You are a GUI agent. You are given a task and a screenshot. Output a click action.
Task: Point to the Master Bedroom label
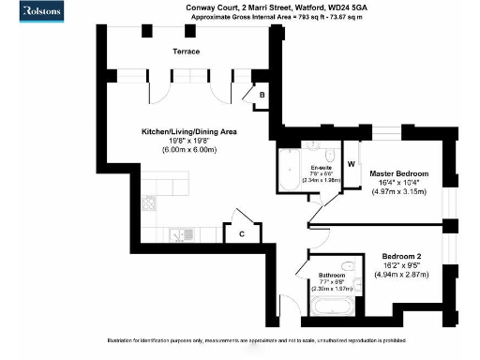(398, 174)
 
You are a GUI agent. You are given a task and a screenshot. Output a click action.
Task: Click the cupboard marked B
(262, 96)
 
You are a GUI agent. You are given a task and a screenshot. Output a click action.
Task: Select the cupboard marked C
(241, 233)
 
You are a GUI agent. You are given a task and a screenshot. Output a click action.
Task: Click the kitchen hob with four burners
(148, 202)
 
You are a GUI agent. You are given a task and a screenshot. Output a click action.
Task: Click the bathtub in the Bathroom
(333, 307)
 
